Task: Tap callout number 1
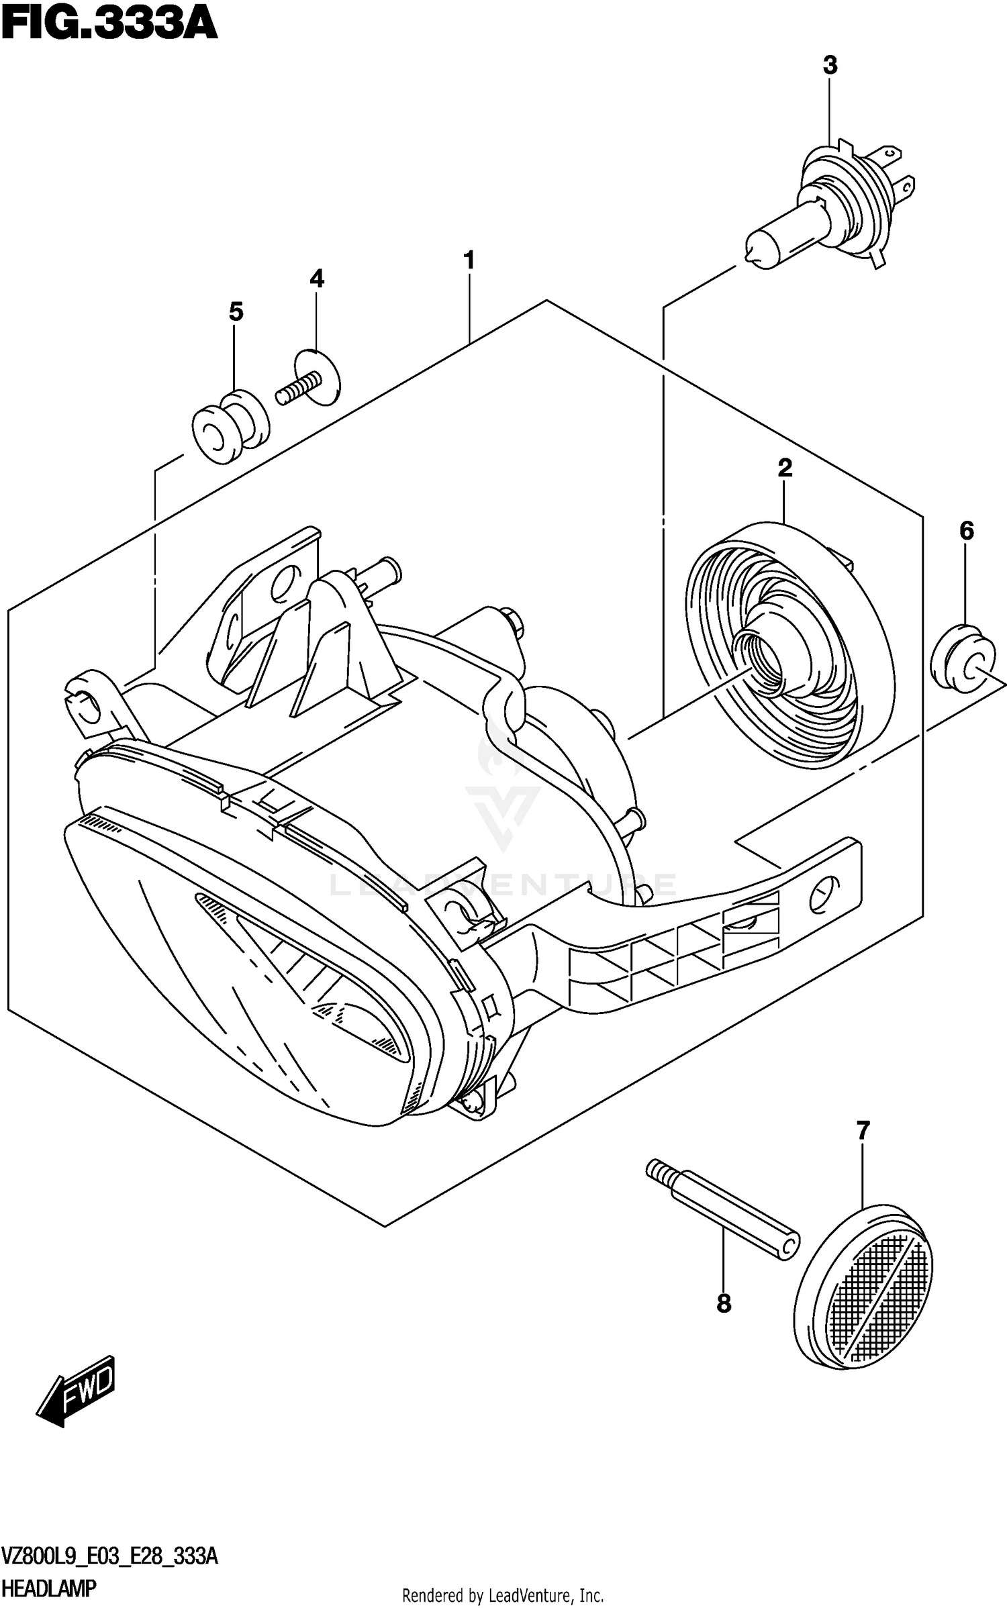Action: (x=469, y=260)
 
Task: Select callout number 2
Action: (x=784, y=468)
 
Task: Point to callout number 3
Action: (x=830, y=66)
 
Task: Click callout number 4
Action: (x=317, y=279)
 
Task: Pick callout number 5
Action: (x=235, y=311)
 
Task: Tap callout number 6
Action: (x=965, y=532)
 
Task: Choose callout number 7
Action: (x=863, y=1131)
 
